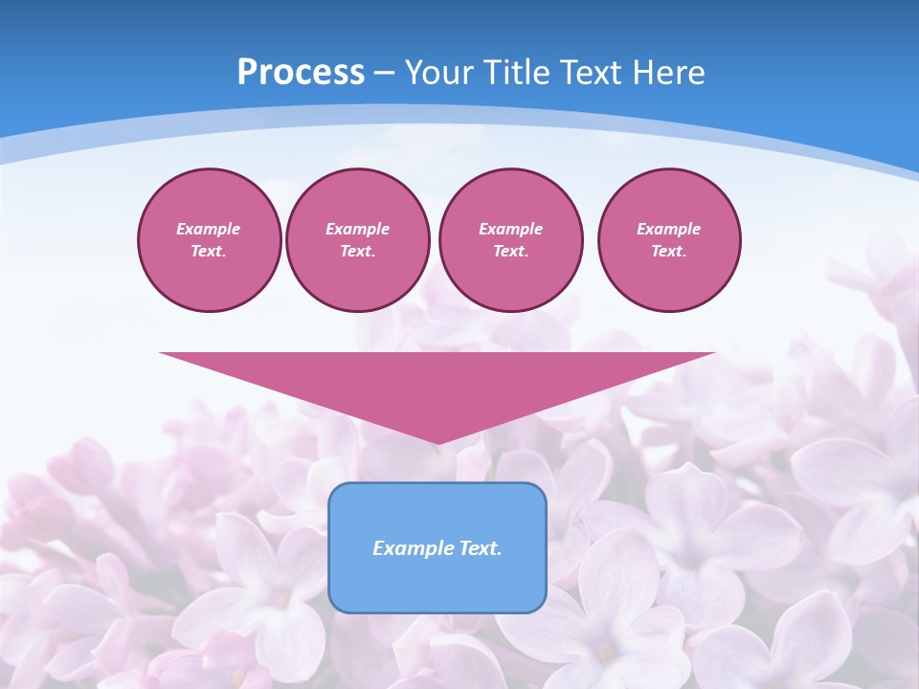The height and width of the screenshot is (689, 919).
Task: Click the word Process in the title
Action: pyautogui.click(x=301, y=73)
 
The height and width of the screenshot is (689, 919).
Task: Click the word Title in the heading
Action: pyautogui.click(x=516, y=73)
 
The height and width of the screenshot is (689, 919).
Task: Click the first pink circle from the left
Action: pyautogui.click(x=210, y=240)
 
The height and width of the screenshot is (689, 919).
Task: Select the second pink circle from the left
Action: pyautogui.click(x=358, y=240)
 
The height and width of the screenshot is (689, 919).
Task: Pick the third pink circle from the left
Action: pyautogui.click(x=511, y=240)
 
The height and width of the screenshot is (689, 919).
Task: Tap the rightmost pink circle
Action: pyautogui.click(x=669, y=240)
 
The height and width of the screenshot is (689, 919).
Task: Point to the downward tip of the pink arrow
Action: pyautogui.click(x=437, y=442)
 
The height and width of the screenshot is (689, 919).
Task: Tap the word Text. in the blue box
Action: pyautogui.click(x=481, y=548)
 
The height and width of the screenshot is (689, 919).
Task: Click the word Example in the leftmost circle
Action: pyautogui.click(x=209, y=229)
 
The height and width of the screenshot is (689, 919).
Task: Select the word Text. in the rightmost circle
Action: pyautogui.click(x=669, y=252)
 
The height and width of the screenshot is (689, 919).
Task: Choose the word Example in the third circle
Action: pyautogui.click(x=511, y=229)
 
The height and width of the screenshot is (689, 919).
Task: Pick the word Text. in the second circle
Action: pyautogui.click(x=358, y=252)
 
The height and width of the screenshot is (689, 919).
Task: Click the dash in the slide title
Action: pyautogui.click(x=385, y=73)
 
